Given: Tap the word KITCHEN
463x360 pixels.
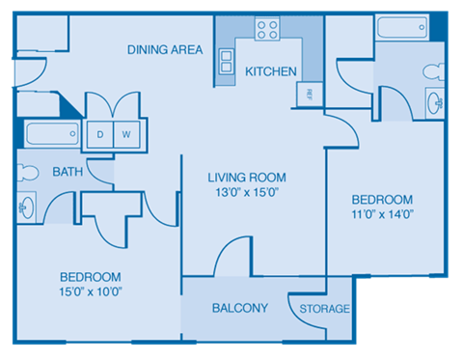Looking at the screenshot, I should coord(269,71).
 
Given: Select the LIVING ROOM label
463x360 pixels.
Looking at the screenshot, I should coord(247,177).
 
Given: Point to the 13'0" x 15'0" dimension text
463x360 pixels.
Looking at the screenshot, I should coord(247,192).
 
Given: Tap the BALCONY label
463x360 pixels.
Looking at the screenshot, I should coord(239,308).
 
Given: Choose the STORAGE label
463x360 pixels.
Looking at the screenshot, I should coord(323,309).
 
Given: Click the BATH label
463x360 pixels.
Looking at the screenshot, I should coord(67,172).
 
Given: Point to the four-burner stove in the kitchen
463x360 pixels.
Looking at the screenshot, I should coord(266,29).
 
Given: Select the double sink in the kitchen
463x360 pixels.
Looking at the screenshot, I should coord(227,63).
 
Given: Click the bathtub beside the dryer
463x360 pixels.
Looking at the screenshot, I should coord(53,134).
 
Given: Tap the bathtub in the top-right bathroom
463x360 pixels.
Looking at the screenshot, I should coord(404,27).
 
